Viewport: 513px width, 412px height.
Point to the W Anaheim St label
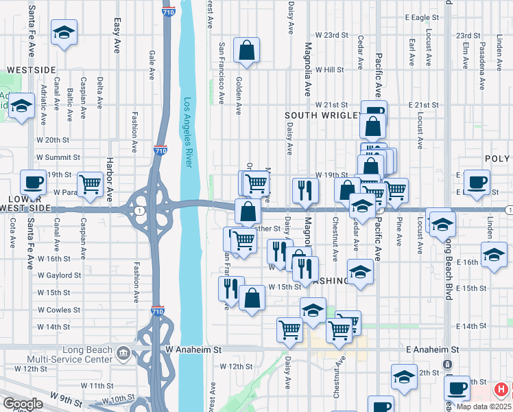tap(194, 350)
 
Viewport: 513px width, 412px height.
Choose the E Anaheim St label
tap(431, 350)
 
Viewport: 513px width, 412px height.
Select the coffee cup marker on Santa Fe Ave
tap(32, 183)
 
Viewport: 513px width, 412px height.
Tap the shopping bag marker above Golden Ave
tap(246, 50)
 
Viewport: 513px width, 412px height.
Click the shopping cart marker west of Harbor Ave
tap(90, 184)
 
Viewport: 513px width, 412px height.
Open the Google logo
tap(23, 404)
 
